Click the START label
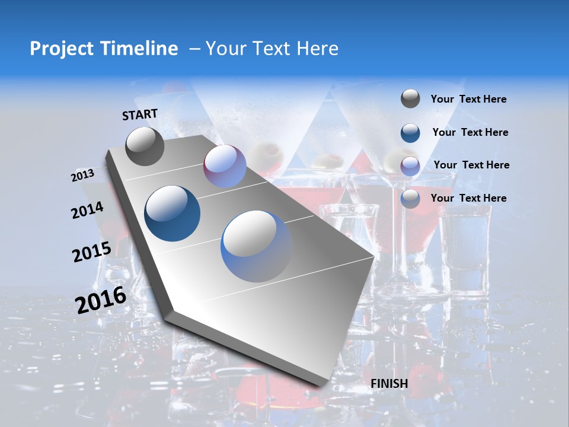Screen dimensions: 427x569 pos(140,114)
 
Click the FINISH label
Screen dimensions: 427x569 pos(389,384)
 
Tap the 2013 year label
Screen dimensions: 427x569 pos(83,175)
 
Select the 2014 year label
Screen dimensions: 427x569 pos(88,211)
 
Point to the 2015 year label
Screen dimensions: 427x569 pos(92,252)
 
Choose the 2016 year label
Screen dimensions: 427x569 pos(101,299)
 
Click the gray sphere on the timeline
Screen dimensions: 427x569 pos(145,146)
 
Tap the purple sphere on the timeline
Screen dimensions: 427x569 pos(225,166)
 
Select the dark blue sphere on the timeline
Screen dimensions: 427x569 pos(172,213)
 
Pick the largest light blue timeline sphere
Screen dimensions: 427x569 pos(257,246)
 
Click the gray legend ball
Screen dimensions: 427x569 pos(410,99)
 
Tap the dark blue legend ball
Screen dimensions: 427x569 pos(410,133)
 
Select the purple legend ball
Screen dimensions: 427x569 pos(410,166)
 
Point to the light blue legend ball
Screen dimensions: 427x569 pos(410,199)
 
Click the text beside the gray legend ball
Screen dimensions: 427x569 pos(469,100)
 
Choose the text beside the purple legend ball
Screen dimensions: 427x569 pos(472,165)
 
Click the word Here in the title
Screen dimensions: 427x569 pos(317,49)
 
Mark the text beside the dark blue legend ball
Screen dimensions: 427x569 pos(471,132)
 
